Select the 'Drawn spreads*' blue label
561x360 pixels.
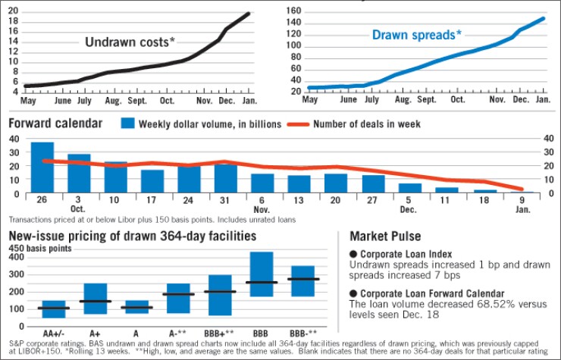(x=416, y=35)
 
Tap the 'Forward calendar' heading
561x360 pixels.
(x=55, y=124)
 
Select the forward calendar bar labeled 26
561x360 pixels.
(x=42, y=167)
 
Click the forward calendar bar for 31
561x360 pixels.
(x=226, y=178)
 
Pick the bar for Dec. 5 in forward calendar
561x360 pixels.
(x=410, y=187)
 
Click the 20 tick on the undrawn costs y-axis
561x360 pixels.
(x=14, y=10)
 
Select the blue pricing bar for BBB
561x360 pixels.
(x=262, y=274)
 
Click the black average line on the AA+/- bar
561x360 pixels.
(x=53, y=308)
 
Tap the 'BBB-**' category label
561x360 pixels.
(x=302, y=332)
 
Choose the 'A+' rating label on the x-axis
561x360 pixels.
(x=95, y=332)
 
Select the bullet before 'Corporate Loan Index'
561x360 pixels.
(x=353, y=254)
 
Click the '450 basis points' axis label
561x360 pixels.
(x=39, y=248)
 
